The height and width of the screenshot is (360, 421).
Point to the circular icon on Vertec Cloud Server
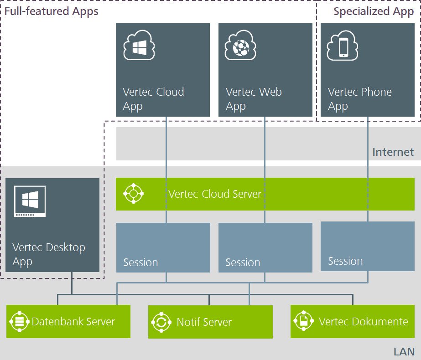[x=134, y=194]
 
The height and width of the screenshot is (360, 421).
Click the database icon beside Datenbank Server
[x=19, y=322]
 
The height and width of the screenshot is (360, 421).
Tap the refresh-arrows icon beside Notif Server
[x=161, y=322]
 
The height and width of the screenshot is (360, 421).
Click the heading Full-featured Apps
[x=51, y=11]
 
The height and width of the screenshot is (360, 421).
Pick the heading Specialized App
[x=373, y=11]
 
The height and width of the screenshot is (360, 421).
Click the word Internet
[x=393, y=152]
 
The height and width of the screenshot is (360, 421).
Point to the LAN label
[x=404, y=351]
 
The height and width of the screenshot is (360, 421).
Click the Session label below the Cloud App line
[x=140, y=262]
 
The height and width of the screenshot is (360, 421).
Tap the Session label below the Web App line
[x=243, y=262]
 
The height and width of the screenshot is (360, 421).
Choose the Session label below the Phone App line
[x=345, y=261]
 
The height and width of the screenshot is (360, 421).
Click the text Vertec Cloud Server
[x=215, y=194]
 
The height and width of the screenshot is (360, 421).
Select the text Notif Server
[x=204, y=322]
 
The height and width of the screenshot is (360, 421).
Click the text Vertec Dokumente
[x=363, y=322]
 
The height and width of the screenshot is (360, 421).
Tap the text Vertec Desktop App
[x=48, y=255]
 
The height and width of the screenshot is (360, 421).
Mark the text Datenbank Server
[x=73, y=322]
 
